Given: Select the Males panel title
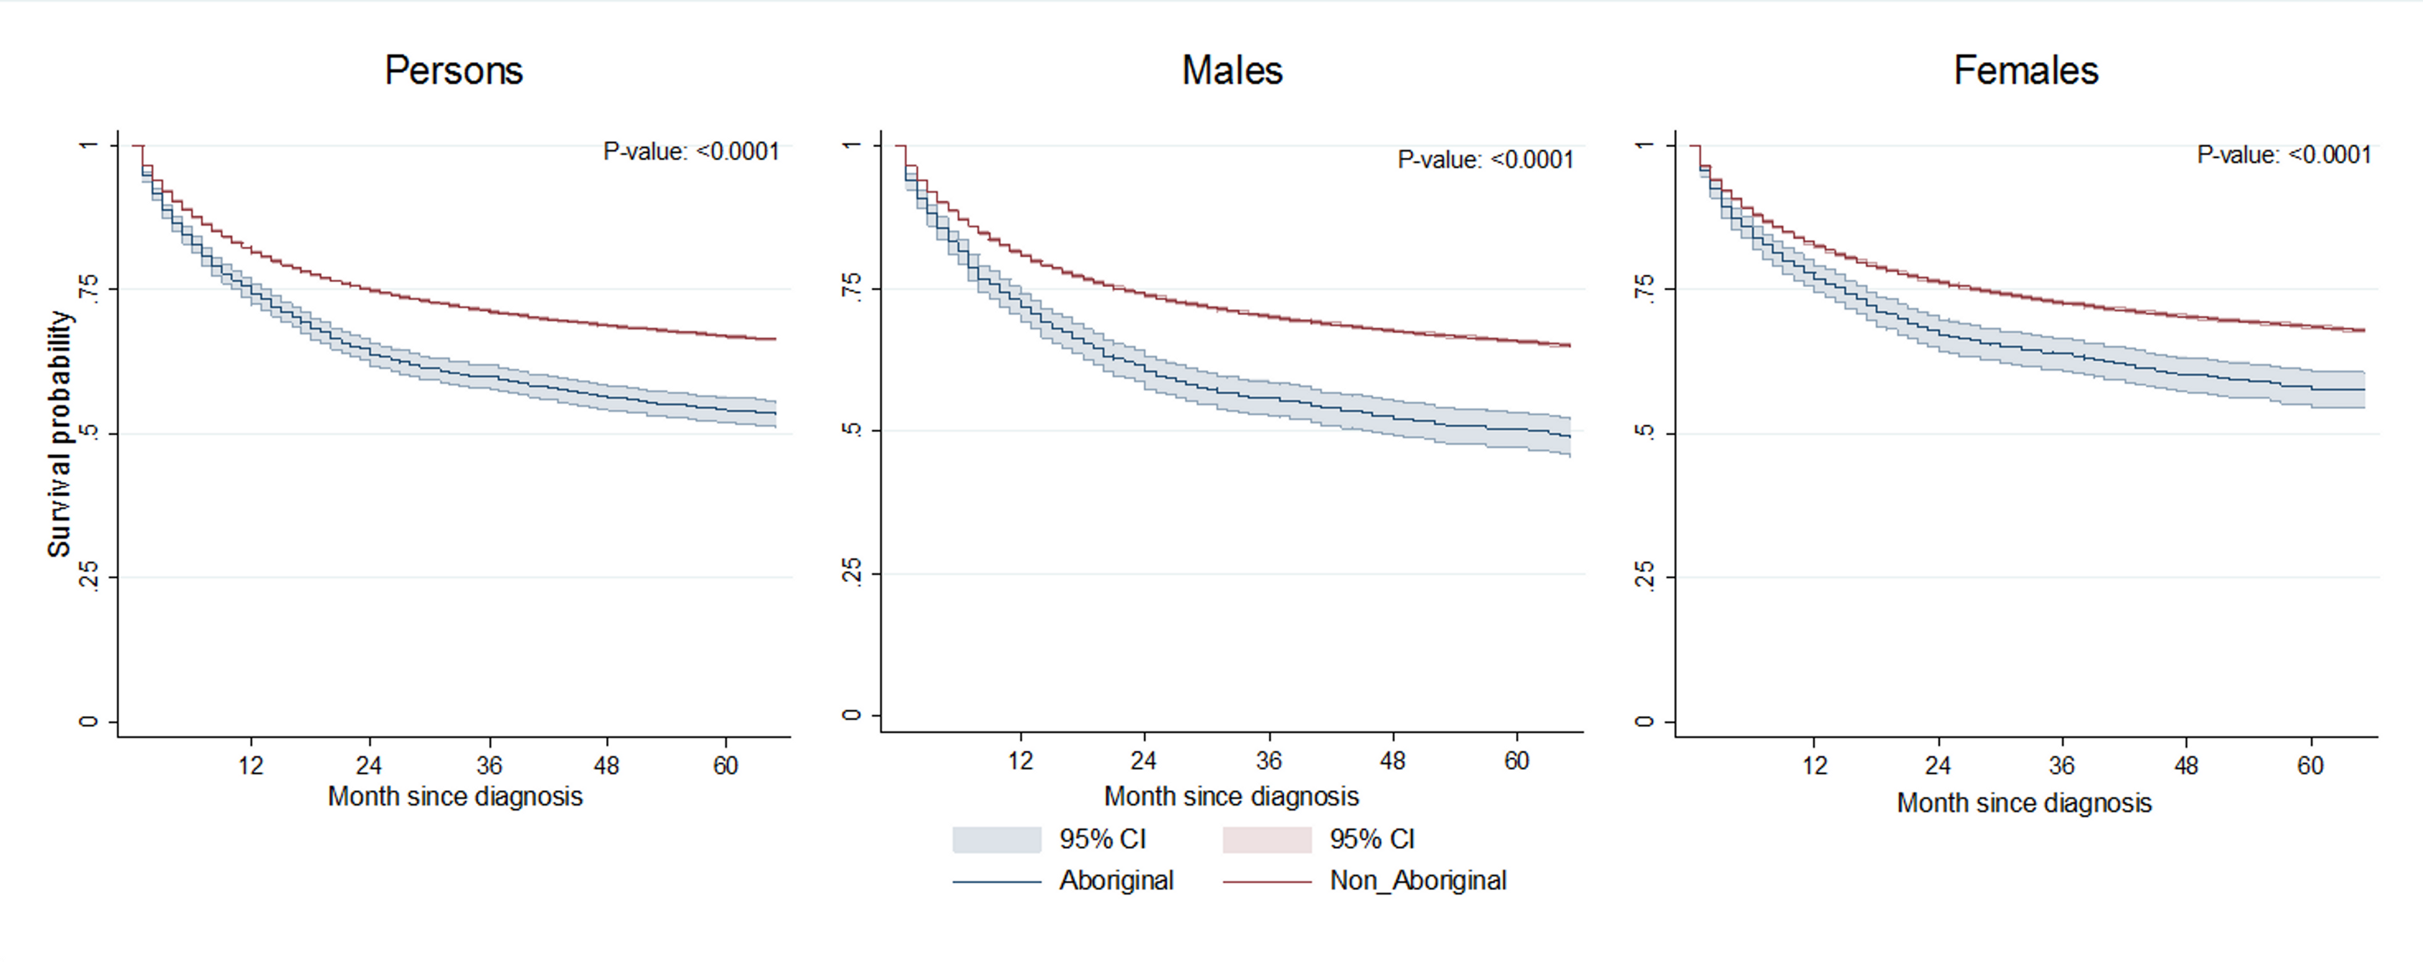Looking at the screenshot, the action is [1232, 70].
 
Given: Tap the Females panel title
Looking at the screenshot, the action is [2026, 70].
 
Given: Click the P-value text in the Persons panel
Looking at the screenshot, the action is [691, 152].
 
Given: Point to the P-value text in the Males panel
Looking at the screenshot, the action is [1486, 160].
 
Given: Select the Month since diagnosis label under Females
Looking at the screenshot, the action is [2024, 803].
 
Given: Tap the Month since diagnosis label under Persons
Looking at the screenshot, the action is [455, 797].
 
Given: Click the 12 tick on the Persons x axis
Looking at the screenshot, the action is [250, 766].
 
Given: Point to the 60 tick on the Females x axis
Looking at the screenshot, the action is [2310, 766].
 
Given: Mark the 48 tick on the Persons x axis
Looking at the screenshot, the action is [607, 766].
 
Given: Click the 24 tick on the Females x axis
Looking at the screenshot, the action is [1938, 766].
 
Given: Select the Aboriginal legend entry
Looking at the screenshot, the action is [1116, 880].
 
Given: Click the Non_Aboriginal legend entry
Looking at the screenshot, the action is [1418, 880].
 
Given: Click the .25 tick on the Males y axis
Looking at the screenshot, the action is [851, 572].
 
